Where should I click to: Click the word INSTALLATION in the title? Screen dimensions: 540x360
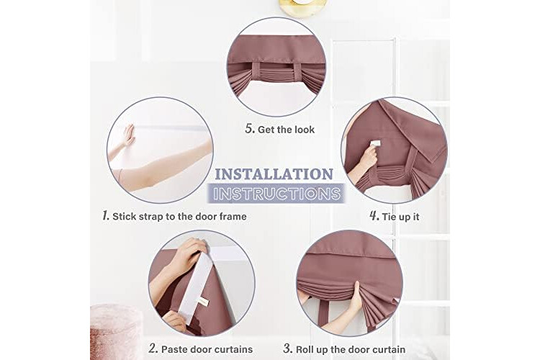(274, 174)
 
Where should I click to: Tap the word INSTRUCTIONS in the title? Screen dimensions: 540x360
(276, 194)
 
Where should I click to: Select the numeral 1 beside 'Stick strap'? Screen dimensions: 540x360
(106, 216)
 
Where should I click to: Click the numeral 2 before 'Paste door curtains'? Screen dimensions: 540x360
(153, 348)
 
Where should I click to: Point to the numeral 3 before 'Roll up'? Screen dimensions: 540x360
(287, 348)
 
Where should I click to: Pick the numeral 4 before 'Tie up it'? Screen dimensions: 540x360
(374, 216)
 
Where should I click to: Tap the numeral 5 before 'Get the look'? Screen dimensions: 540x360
(250, 129)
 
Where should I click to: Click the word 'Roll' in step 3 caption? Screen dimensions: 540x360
(305, 349)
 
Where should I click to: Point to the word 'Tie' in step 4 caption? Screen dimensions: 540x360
(389, 217)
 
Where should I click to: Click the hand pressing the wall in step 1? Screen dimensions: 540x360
(129, 135)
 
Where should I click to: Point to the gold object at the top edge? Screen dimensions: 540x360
(303, 7)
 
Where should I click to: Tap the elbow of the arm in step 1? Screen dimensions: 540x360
(120, 174)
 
